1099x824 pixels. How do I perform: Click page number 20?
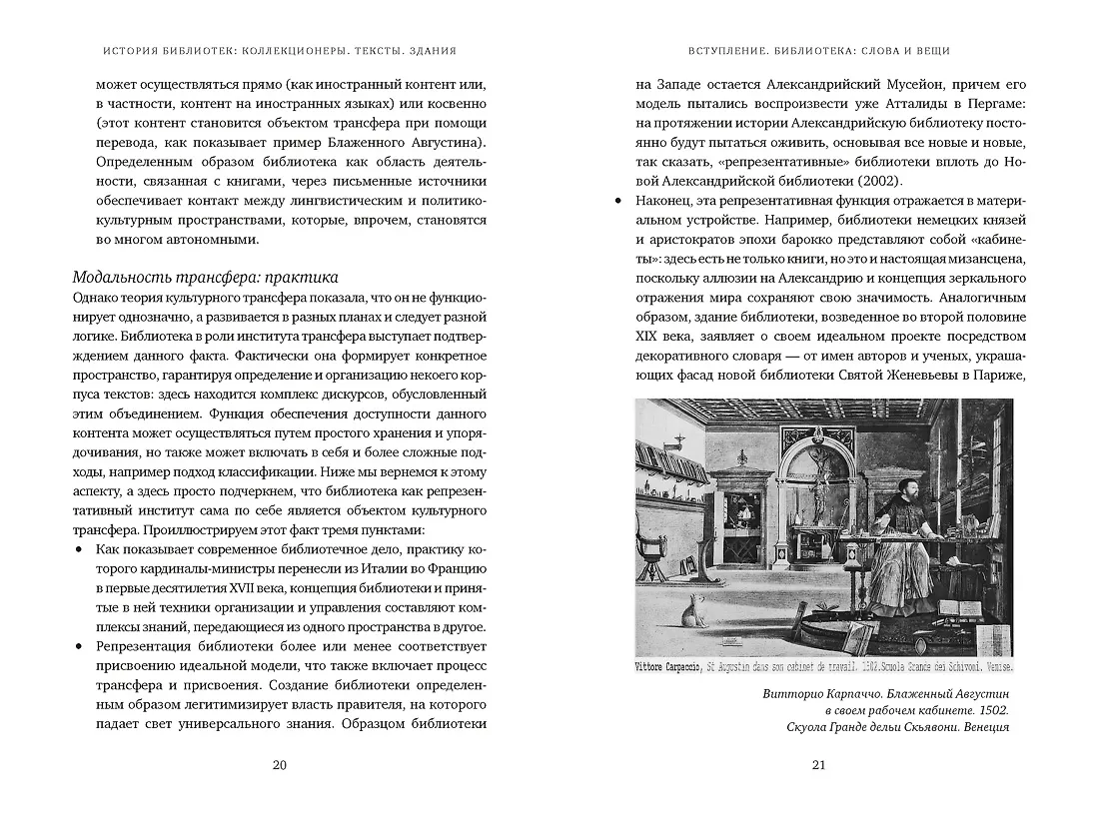coord(279,766)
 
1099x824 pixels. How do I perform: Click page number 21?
coord(819,766)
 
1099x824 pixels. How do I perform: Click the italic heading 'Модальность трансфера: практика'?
coord(206,277)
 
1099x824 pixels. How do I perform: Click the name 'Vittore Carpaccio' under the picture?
coord(670,666)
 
